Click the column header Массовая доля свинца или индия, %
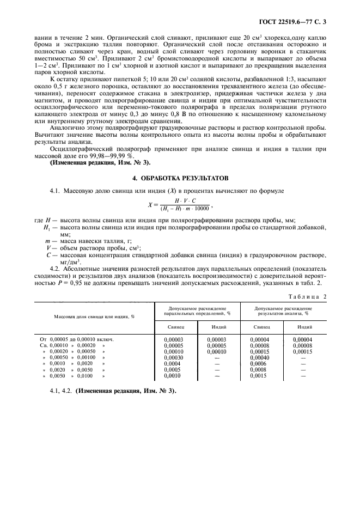click(x=94, y=316)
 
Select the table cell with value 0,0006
click(x=258, y=363)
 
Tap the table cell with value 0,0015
click(x=258, y=376)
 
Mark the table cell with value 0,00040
click(x=260, y=357)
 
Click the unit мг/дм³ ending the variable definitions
click(x=62, y=260)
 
